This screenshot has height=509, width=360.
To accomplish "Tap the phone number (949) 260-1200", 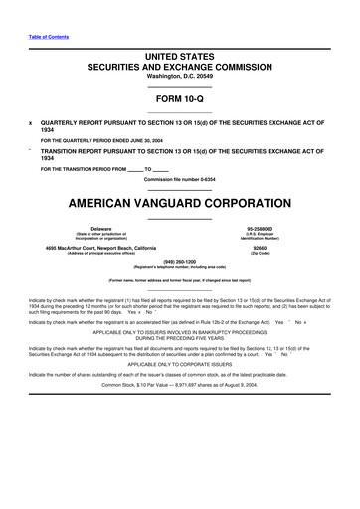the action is coord(180,266).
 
